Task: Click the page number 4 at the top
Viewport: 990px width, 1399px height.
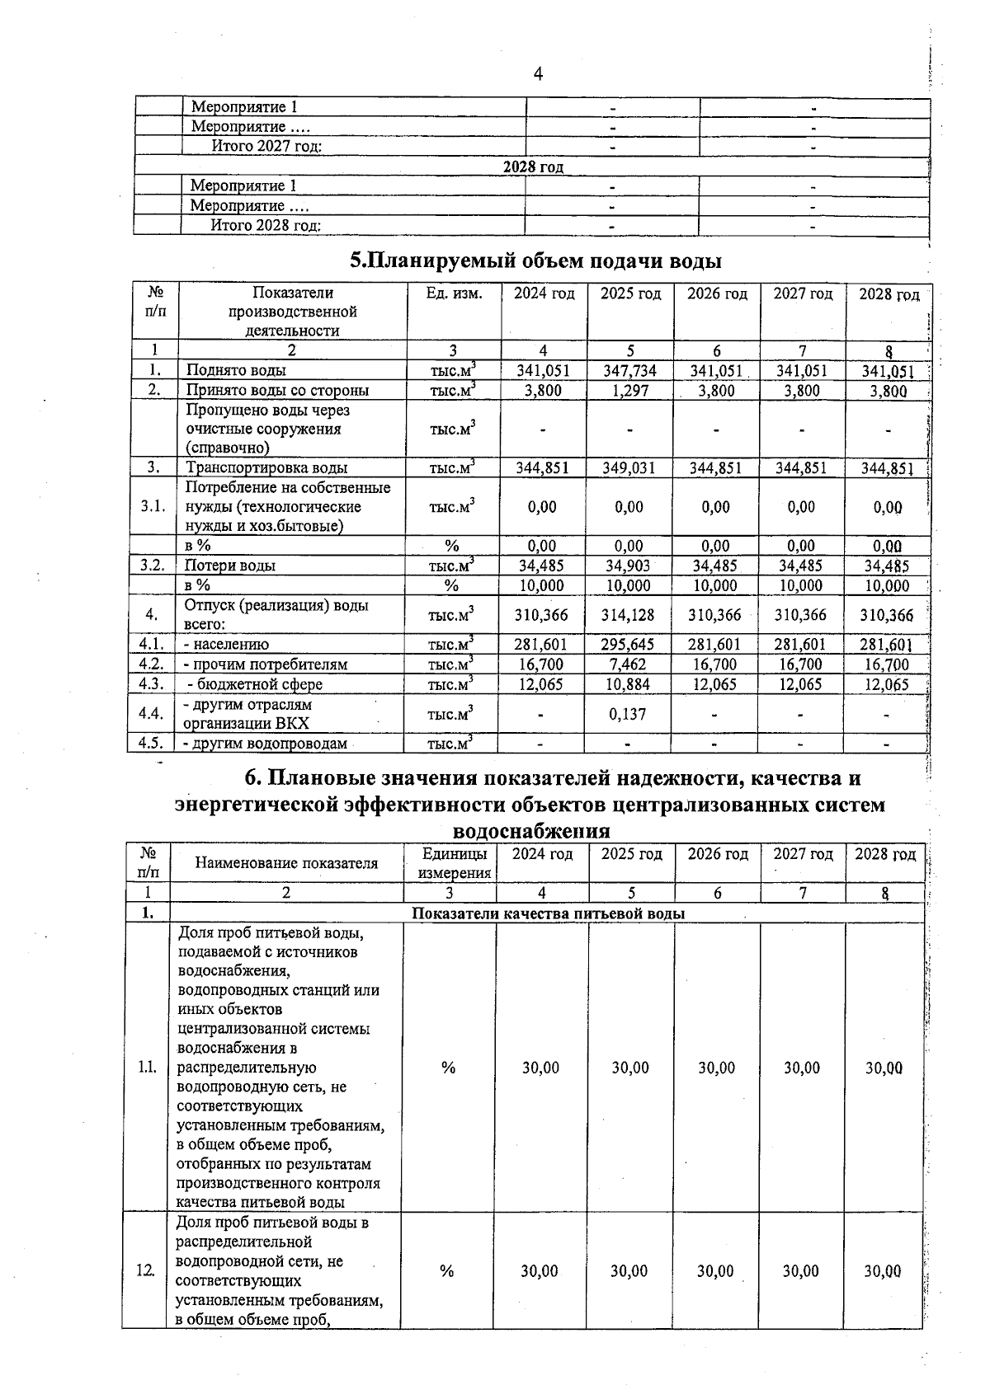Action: (538, 74)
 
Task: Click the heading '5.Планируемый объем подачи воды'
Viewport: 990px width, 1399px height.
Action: (536, 261)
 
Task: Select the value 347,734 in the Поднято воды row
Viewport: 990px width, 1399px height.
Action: (629, 371)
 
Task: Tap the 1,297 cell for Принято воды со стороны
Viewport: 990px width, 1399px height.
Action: (629, 391)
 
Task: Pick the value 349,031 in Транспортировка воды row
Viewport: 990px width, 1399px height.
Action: (629, 468)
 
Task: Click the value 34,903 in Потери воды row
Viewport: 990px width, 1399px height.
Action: (629, 566)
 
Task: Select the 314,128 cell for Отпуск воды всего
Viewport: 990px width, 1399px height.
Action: (629, 615)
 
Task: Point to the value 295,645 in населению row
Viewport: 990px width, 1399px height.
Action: (629, 645)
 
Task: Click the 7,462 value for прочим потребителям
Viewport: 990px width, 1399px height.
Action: (629, 664)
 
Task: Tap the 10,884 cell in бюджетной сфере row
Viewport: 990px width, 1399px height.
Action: (629, 684)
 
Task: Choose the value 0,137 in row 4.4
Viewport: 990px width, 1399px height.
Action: (629, 714)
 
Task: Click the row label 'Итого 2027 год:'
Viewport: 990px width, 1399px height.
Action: (266, 147)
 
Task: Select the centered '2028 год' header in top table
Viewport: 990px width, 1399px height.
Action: (534, 167)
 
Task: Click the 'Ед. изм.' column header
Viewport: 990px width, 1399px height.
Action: (454, 294)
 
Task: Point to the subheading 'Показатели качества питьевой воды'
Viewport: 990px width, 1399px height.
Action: (548, 913)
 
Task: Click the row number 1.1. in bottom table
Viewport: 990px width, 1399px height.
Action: (148, 1068)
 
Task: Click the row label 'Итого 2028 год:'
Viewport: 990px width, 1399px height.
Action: (266, 226)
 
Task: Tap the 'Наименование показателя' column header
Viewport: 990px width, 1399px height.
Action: (286, 863)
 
